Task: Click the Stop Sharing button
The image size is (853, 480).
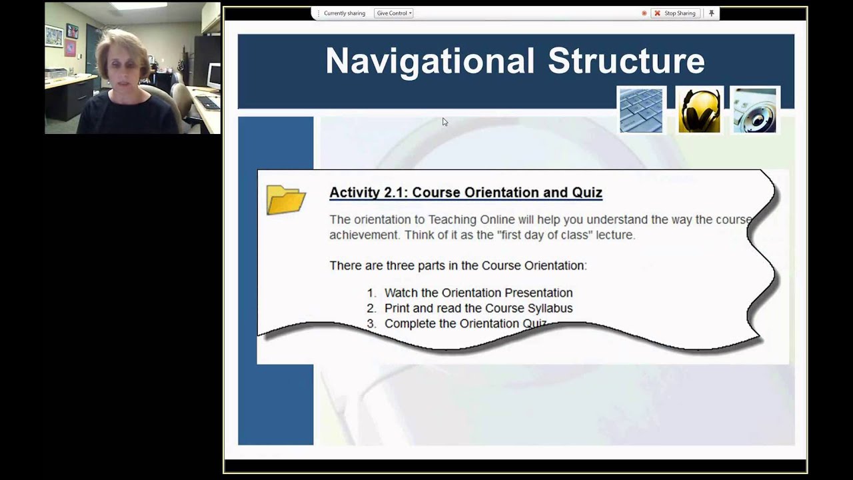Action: (x=675, y=13)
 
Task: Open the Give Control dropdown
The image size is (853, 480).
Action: (x=393, y=13)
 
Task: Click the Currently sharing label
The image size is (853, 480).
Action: (x=344, y=13)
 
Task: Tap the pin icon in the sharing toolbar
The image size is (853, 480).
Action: (x=711, y=13)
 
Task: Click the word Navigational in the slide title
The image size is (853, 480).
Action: (x=430, y=61)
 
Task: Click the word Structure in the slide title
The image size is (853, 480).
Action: (x=626, y=61)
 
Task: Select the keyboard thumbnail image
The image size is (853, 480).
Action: (x=641, y=110)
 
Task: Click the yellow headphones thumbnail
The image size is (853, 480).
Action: (x=699, y=110)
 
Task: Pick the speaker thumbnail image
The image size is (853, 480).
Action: (x=754, y=110)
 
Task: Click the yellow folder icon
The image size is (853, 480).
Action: (x=285, y=199)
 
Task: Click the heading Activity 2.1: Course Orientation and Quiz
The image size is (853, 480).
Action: (x=465, y=193)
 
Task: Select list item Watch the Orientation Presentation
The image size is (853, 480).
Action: (x=478, y=293)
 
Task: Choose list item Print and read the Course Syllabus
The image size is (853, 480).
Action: (x=478, y=308)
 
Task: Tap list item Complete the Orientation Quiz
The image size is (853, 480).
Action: (x=464, y=323)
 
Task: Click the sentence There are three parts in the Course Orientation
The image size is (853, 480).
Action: (x=457, y=265)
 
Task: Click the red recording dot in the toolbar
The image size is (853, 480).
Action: (x=644, y=13)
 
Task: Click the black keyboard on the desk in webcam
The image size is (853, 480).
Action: (x=207, y=103)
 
